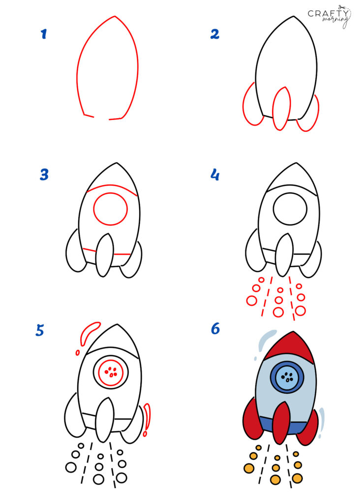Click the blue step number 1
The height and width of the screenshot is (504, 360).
click(x=44, y=34)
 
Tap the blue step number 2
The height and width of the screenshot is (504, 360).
click(x=214, y=34)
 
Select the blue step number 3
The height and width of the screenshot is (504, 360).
click(x=44, y=175)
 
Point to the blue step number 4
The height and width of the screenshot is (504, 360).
click(x=215, y=175)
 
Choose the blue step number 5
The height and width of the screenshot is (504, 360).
click(x=40, y=330)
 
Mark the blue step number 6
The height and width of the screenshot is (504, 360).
click(x=215, y=328)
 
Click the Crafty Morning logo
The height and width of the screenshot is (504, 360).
click(x=330, y=17)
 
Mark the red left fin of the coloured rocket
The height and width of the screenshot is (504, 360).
click(x=252, y=420)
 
